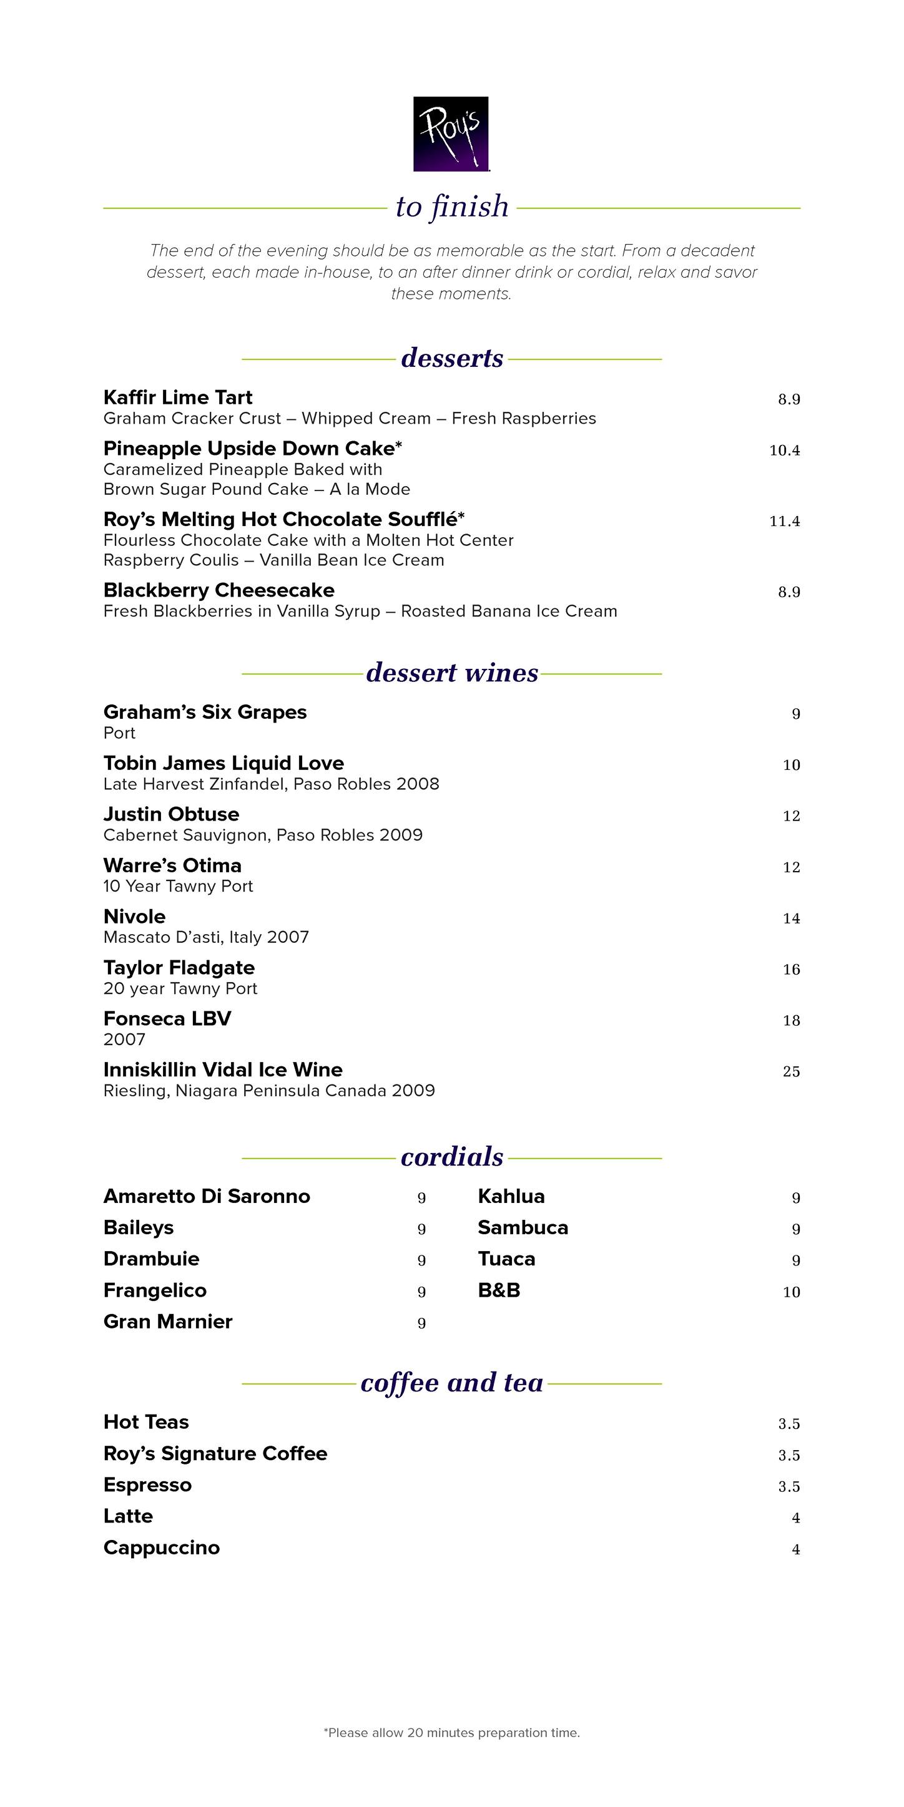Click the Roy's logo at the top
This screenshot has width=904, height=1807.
(x=451, y=134)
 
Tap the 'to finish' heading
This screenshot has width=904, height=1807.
(x=452, y=207)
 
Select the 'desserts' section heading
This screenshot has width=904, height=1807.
(x=452, y=358)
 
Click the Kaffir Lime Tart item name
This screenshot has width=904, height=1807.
(x=177, y=397)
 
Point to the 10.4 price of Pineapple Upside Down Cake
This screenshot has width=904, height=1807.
(x=784, y=451)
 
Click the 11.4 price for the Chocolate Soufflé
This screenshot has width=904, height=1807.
(x=784, y=521)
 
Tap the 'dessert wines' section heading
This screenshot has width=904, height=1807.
(x=452, y=673)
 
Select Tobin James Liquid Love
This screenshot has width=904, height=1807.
(x=224, y=763)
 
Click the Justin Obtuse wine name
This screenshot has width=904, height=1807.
(x=171, y=814)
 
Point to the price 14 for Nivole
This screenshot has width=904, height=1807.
(x=791, y=918)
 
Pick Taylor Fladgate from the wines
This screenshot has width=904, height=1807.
(x=179, y=968)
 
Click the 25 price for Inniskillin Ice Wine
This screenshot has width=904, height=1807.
(x=791, y=1071)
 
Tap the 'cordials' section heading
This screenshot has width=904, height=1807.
(x=452, y=1157)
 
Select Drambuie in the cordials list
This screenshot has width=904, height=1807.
(x=151, y=1259)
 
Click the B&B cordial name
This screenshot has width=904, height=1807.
(x=499, y=1291)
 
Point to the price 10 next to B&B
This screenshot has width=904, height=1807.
(x=791, y=1292)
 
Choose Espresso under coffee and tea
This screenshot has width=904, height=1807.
(x=147, y=1485)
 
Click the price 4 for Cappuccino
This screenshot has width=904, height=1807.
(x=796, y=1549)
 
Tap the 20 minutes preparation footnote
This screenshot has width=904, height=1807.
(x=452, y=1733)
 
